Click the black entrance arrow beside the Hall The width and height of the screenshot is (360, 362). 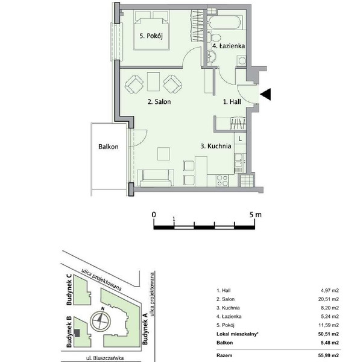[266, 94]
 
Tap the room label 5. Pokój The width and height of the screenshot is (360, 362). [151, 36]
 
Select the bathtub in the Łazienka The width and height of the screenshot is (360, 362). [224, 22]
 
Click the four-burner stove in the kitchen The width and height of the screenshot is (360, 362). [223, 181]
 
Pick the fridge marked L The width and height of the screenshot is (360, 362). [240, 139]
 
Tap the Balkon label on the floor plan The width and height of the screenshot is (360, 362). [108, 147]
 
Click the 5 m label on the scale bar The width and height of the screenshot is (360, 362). [255, 215]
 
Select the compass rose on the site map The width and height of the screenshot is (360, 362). [100, 320]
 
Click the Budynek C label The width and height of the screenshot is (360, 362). [69, 290]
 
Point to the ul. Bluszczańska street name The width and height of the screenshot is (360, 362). [105, 358]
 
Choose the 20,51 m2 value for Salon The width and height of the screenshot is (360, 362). [329, 299]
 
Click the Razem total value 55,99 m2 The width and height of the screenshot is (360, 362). [329, 355]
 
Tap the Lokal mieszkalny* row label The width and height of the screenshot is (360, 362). [238, 334]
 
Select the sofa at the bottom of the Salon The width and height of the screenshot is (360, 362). [156, 178]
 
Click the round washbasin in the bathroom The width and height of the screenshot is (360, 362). [211, 56]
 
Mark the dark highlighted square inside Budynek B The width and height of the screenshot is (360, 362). [77, 333]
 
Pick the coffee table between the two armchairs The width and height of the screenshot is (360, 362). [153, 81]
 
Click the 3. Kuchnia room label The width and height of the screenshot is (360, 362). [216, 146]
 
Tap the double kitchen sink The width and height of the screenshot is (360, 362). [239, 161]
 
